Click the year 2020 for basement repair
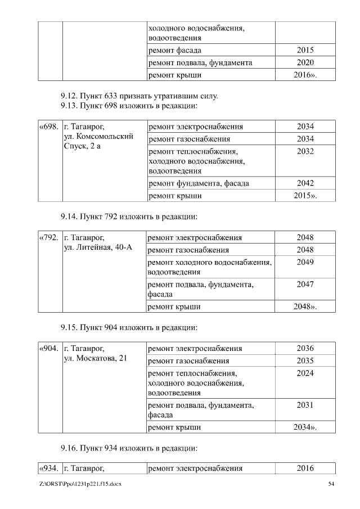305,62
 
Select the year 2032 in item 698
305,151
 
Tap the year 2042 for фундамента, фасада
305,183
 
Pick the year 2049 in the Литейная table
305,262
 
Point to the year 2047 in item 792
305,285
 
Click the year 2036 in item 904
305,348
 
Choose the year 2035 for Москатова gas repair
305,361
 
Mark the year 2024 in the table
305,373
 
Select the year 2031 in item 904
305,405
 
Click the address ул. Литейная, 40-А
98,247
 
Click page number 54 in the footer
331,484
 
